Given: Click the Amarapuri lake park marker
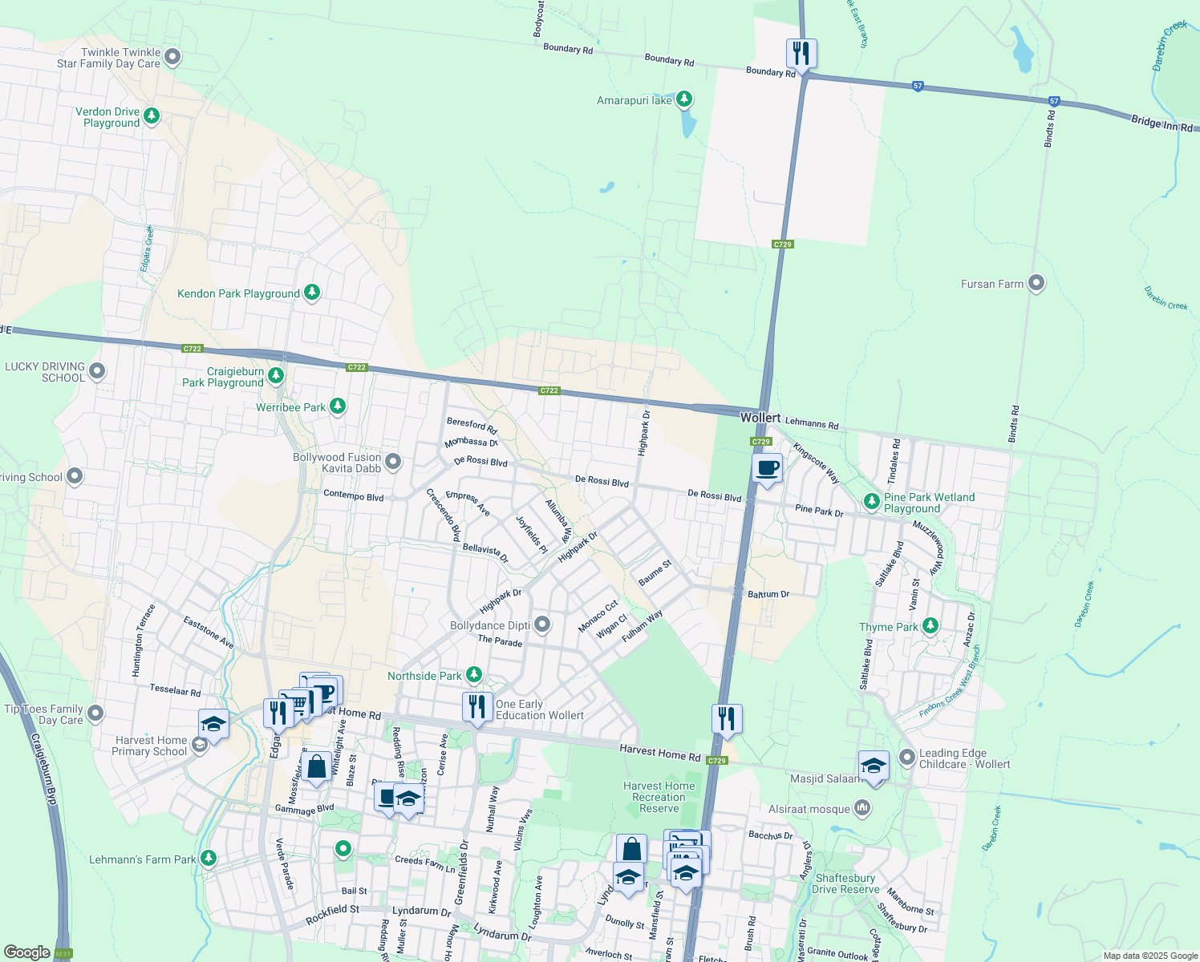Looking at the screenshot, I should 684,99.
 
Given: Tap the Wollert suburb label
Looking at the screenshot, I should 760,418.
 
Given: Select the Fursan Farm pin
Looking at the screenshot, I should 1036,283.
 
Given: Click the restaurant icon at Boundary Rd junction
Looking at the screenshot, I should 801,54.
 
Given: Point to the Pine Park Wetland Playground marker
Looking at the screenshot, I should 872,502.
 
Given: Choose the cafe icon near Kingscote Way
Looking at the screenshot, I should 767,468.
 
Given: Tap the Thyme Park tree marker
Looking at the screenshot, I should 930,625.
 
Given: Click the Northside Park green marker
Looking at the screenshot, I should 474,675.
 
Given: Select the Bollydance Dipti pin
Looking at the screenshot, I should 542,624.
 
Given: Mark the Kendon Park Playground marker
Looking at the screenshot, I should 312,293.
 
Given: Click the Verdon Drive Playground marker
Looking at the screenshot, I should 151,116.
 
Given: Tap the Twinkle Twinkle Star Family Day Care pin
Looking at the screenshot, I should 172,57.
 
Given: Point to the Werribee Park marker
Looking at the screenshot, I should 338,406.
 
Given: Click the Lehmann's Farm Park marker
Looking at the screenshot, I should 209,859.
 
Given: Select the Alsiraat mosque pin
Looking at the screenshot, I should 862,807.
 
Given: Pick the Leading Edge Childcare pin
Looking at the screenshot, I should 907,757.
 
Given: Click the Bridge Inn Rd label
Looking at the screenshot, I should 1164,123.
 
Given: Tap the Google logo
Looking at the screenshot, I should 26,952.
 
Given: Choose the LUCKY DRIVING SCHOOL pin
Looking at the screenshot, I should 97,370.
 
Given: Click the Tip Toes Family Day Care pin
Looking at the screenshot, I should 95,713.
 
